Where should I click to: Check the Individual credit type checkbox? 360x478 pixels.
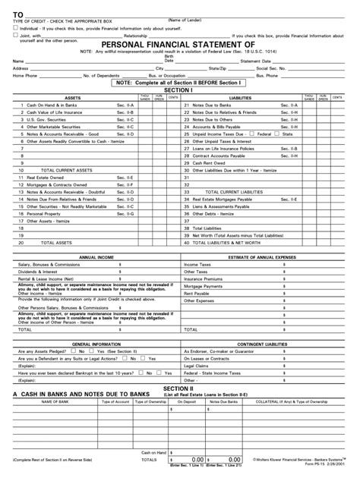coord(15,27)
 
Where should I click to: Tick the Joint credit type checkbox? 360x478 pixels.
coord(15,35)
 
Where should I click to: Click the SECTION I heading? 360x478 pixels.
coord(180,90)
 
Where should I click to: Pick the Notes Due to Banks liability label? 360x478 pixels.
coord(213,105)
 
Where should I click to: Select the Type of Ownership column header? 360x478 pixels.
coord(150,401)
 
